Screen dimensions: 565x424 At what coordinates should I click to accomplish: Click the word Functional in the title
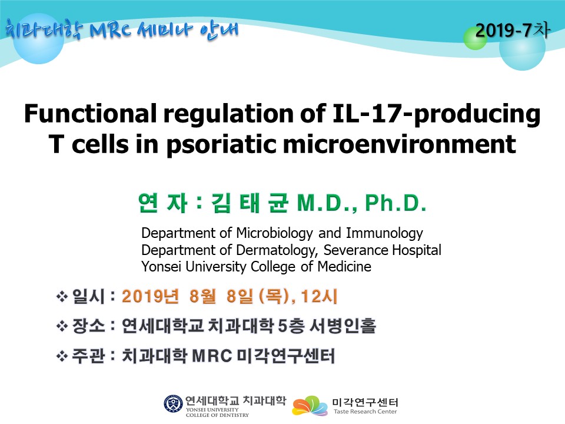(x=91, y=113)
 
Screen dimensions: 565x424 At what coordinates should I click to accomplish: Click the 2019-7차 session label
(x=512, y=30)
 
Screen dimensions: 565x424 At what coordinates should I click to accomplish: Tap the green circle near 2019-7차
(x=475, y=38)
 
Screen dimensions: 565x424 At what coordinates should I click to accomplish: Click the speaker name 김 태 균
(x=250, y=203)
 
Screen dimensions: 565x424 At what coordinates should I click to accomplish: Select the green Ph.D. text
(x=395, y=203)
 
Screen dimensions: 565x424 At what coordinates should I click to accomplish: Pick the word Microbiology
(x=274, y=234)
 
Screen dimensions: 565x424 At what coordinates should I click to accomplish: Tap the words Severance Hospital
(x=383, y=250)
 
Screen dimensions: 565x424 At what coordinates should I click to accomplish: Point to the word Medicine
(x=344, y=266)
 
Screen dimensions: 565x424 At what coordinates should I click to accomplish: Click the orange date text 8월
(x=202, y=296)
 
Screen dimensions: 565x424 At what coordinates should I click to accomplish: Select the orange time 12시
(x=319, y=296)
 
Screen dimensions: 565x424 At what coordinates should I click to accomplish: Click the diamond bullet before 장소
(x=62, y=326)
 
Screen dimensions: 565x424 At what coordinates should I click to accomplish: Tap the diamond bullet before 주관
(x=62, y=356)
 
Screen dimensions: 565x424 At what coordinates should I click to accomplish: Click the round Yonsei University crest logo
(x=173, y=403)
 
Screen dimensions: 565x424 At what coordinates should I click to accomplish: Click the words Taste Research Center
(x=365, y=412)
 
